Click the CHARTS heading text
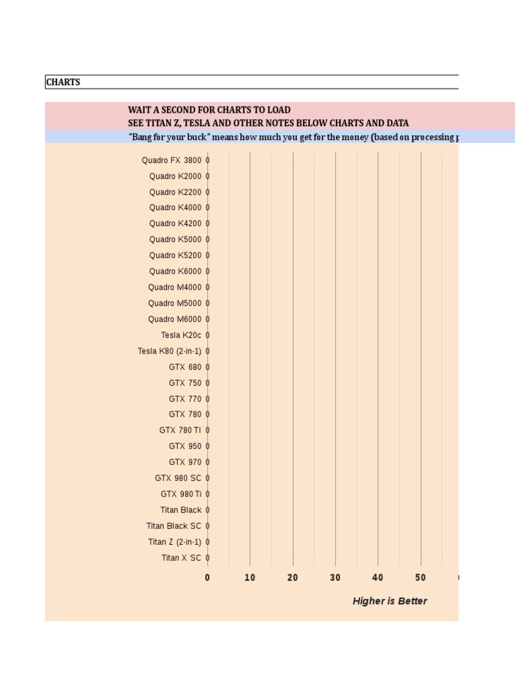coord(62,83)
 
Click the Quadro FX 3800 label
coord(171,160)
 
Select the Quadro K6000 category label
coord(175,272)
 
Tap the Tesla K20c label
coord(181,335)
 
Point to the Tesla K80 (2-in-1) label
coord(169,351)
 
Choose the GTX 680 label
coord(185,367)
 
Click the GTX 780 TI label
coord(180,430)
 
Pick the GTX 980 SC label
coord(178,478)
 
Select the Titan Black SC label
coord(174,526)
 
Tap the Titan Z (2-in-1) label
coord(174,542)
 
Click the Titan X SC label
coord(181,558)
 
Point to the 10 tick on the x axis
coord(250,578)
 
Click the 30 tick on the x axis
coord(335,578)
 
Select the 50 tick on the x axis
coord(420,578)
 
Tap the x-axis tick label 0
coord(207,578)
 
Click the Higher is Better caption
coord(390,601)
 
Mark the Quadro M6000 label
coord(174,319)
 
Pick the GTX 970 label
coord(185,462)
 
